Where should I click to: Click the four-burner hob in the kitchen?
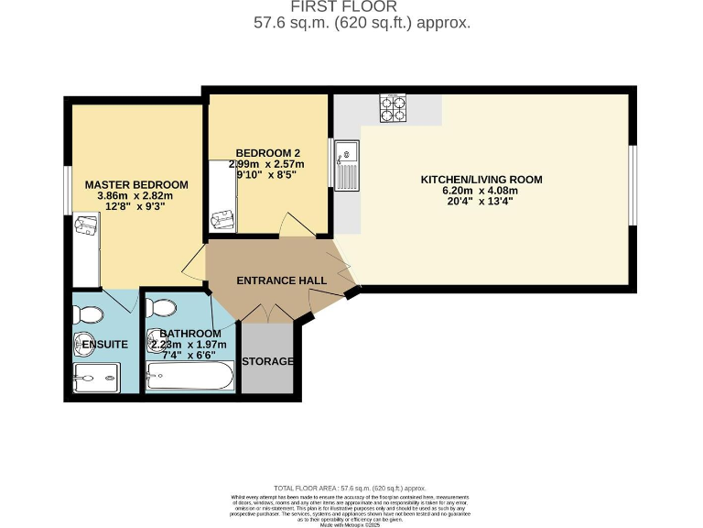coord(395,109)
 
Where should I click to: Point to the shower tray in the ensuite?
coord(96,376)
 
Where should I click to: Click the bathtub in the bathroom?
coord(189,375)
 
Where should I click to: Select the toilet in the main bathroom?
coord(166,307)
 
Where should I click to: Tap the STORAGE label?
coord(267,361)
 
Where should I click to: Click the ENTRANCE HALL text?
coord(275,280)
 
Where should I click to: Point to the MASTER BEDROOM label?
coord(135,184)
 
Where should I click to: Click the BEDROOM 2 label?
coord(267,153)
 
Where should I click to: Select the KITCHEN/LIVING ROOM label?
coord(481,180)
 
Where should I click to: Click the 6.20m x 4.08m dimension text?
coord(481,191)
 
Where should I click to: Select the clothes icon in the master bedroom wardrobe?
coord(87,225)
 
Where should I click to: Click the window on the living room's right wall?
coord(632,183)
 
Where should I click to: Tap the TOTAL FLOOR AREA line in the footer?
coord(351,489)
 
